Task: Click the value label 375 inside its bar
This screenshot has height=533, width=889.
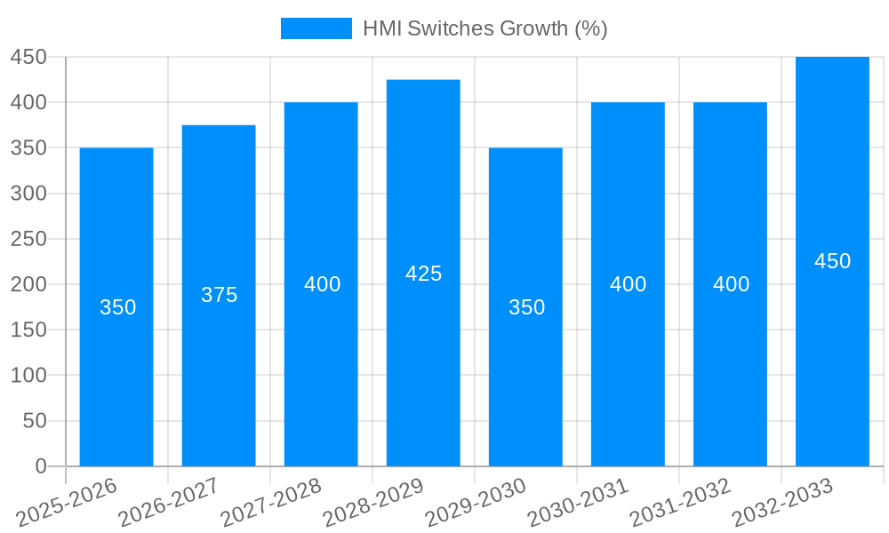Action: click(219, 295)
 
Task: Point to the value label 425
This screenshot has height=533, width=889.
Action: click(423, 274)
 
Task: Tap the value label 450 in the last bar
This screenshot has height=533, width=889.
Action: click(832, 261)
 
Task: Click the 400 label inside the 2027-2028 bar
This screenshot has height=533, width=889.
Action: click(322, 284)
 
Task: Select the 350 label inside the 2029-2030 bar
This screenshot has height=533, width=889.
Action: click(526, 307)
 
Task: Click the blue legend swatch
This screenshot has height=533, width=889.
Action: click(316, 28)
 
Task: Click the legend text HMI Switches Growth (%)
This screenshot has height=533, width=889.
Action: click(485, 28)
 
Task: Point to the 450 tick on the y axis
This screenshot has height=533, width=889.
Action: click(28, 57)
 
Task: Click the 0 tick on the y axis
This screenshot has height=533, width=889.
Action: click(40, 466)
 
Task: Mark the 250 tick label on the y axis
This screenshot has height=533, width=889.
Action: click(28, 239)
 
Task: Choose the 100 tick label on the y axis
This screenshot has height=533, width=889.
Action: click(28, 376)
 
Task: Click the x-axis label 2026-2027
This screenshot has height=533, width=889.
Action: click(169, 502)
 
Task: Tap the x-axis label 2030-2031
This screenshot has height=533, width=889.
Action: click(579, 502)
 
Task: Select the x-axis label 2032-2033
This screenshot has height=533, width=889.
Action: click(783, 502)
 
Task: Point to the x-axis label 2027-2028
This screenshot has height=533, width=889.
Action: click(272, 502)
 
